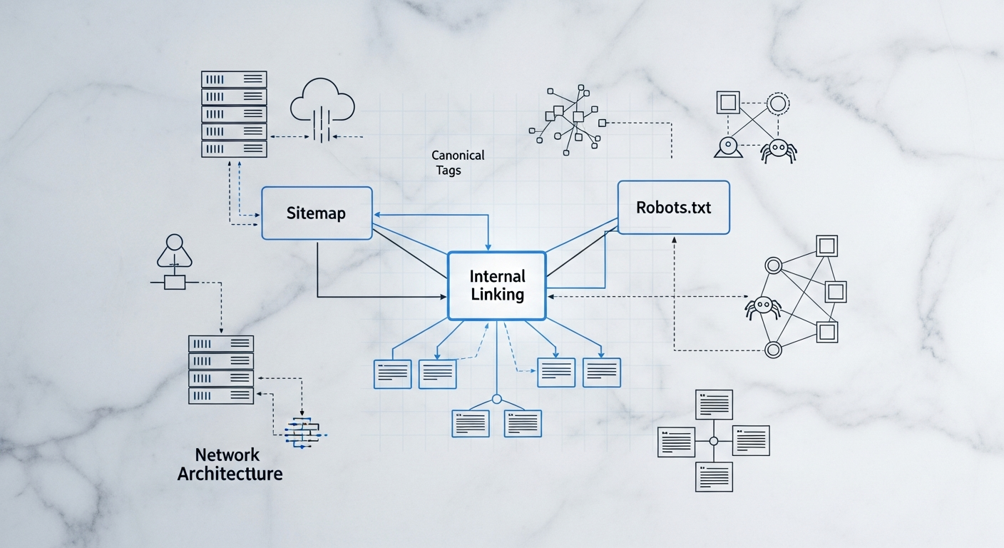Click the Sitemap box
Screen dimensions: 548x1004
317,213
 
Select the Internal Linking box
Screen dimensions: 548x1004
496,285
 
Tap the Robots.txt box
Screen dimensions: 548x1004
673,207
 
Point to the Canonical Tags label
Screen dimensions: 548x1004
457,163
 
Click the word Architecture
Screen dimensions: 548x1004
230,473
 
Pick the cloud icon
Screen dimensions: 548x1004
323,105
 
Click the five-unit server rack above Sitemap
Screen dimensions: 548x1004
234,114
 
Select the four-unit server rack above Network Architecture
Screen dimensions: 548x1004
220,369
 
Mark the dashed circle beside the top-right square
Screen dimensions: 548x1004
777,104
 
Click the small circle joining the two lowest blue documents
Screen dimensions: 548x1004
497,400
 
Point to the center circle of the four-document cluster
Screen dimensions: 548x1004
713,441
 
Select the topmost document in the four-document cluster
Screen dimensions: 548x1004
714,405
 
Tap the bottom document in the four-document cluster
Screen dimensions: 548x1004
713,477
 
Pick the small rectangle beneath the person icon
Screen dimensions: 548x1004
175,283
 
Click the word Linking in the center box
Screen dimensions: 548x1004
497,294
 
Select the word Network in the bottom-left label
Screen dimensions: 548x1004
227,455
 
